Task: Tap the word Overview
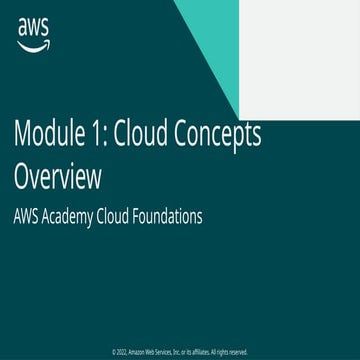57,178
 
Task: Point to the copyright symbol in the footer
113,352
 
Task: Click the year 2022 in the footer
121,352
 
